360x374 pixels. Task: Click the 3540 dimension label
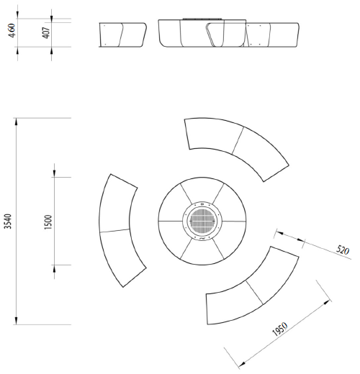point(8,222)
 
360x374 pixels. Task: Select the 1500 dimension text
point(48,222)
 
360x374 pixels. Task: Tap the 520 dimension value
point(343,250)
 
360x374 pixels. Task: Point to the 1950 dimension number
point(280,329)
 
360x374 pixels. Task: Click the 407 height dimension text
point(46,32)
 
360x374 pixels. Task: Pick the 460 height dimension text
point(12,30)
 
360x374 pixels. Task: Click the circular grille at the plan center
point(202,221)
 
